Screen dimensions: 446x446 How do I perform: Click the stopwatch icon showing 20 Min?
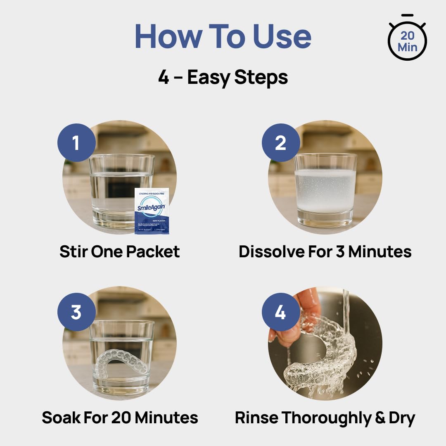pyautogui.click(x=407, y=40)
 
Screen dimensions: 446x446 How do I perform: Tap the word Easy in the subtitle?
pyautogui.click(x=210, y=77)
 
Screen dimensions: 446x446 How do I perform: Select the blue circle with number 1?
pyautogui.click(x=76, y=142)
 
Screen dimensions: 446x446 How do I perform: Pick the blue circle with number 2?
pyautogui.click(x=281, y=142)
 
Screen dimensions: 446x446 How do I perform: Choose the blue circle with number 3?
pyautogui.click(x=76, y=312)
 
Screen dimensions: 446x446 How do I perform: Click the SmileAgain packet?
pyautogui.click(x=152, y=211)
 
